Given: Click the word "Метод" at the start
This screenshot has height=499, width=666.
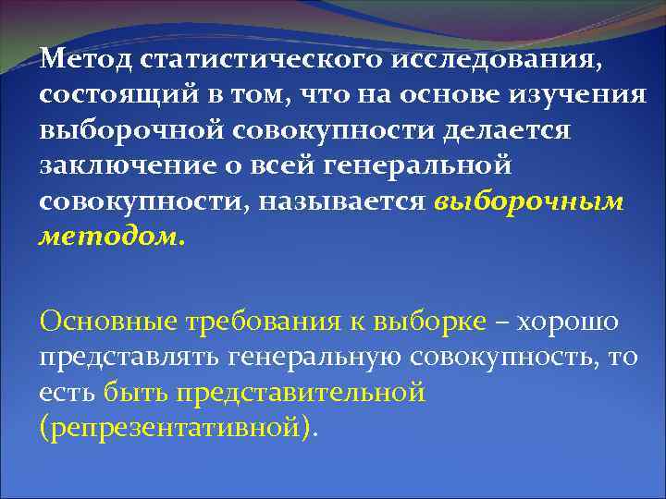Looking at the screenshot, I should pyautogui.click(x=86, y=61).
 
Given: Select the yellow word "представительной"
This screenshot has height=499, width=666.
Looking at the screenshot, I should pyautogui.click(x=265, y=392).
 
